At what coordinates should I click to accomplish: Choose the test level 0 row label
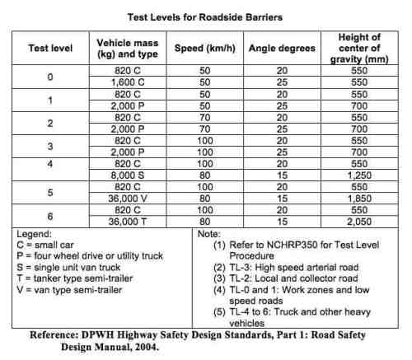coord(49,77)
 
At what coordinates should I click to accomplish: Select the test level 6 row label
coord(49,215)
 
